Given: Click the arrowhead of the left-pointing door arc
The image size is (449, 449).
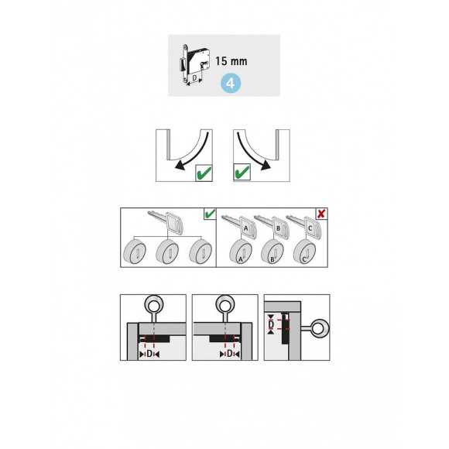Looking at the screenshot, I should pos(180,165).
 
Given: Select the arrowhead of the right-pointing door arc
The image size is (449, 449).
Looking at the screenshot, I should pos(268,165).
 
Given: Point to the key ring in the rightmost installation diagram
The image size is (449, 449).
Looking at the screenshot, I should pos(319,327).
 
